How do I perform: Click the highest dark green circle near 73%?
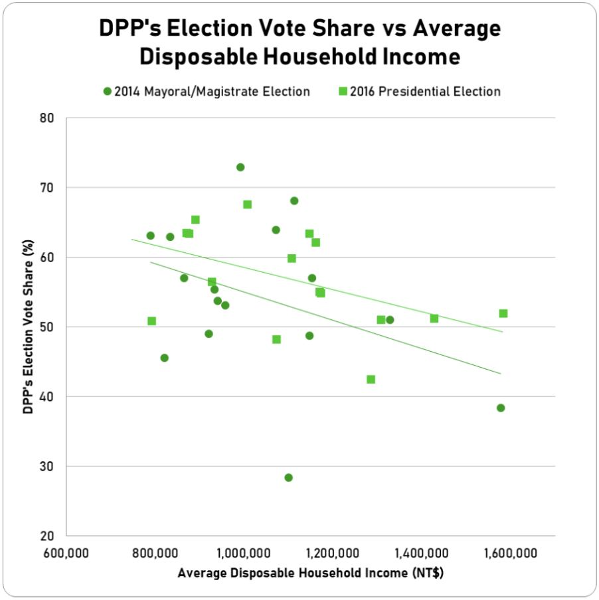click(x=240, y=167)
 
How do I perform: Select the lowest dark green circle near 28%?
click(x=288, y=478)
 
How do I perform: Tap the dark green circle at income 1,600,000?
click(x=501, y=408)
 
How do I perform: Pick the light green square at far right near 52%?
click(x=503, y=313)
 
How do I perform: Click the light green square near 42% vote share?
click(x=371, y=380)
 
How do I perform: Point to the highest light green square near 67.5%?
click(x=247, y=204)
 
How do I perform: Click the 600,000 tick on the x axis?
click(x=67, y=552)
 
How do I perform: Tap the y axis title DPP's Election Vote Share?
click(x=28, y=327)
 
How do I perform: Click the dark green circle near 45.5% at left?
click(x=165, y=358)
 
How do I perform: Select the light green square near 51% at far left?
click(x=151, y=321)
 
